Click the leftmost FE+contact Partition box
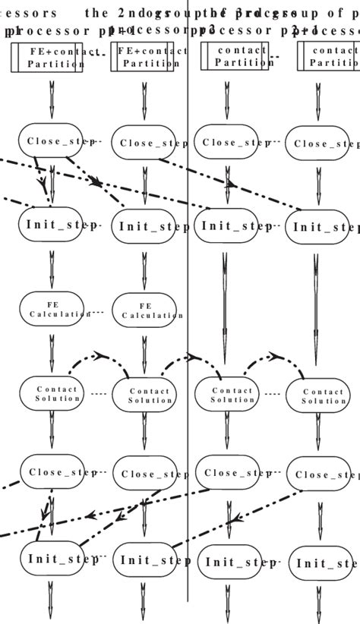[47, 58]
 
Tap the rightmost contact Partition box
[328, 57]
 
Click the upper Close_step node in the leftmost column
[51, 141]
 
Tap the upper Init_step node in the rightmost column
[319, 226]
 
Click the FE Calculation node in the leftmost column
[52, 309]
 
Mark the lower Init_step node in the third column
[228, 562]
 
